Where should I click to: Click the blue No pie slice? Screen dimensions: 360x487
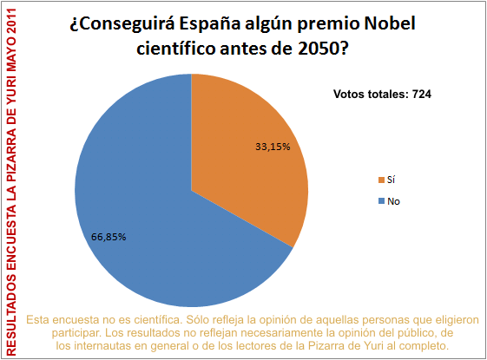148,208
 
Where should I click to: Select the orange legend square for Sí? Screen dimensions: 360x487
380,180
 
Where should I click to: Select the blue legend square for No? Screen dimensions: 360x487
380,201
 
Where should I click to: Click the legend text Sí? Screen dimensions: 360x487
393,180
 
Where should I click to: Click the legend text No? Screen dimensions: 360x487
395,201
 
